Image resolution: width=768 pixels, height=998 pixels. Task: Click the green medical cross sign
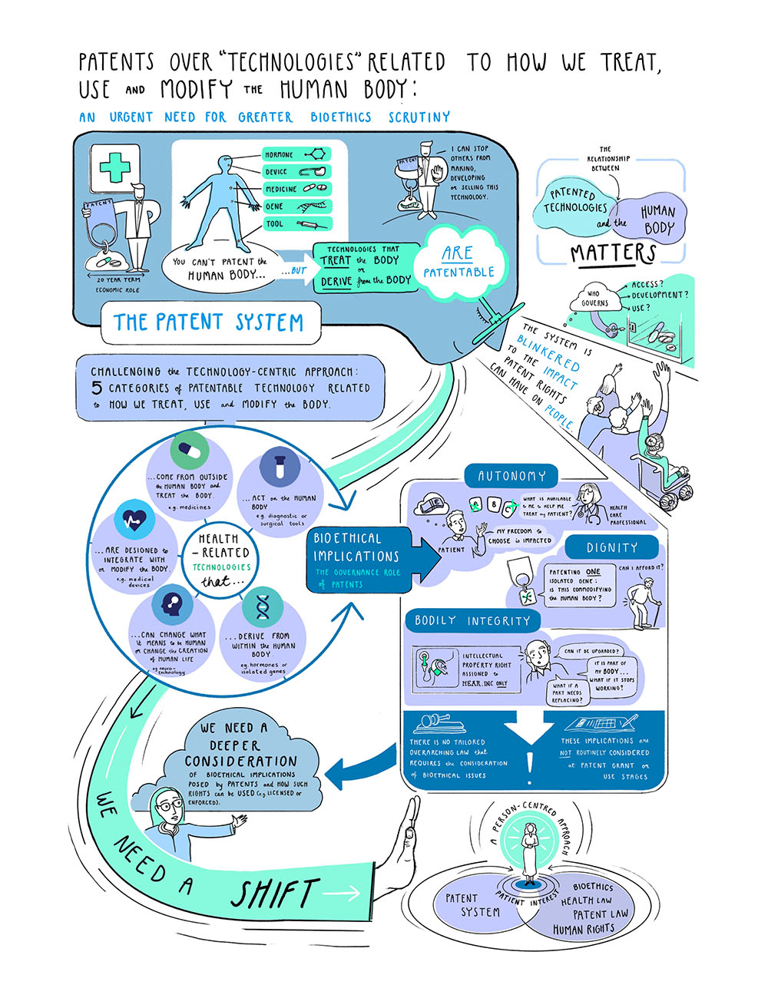(x=114, y=167)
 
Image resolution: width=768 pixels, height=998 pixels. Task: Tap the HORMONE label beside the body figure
(x=280, y=155)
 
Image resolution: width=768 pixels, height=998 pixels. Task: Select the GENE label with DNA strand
(x=274, y=207)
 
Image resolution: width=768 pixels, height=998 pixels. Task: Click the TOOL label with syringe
(x=274, y=224)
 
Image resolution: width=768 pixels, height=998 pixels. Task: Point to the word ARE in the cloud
(x=457, y=253)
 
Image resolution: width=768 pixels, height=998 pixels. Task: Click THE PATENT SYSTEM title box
(x=208, y=322)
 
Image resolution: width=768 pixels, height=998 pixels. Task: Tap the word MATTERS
(x=613, y=253)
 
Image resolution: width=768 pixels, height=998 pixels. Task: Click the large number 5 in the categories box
(x=98, y=388)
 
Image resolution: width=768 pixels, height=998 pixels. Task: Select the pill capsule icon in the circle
(x=188, y=451)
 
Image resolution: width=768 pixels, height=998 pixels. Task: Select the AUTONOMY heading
(x=511, y=476)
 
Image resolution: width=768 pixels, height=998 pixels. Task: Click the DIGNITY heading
(x=611, y=547)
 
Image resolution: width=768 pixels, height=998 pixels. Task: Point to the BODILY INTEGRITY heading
(x=472, y=620)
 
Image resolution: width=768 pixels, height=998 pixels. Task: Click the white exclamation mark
(x=529, y=762)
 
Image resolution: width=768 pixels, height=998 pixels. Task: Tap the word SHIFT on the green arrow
(x=274, y=894)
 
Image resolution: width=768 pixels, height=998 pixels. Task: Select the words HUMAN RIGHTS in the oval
(x=584, y=929)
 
